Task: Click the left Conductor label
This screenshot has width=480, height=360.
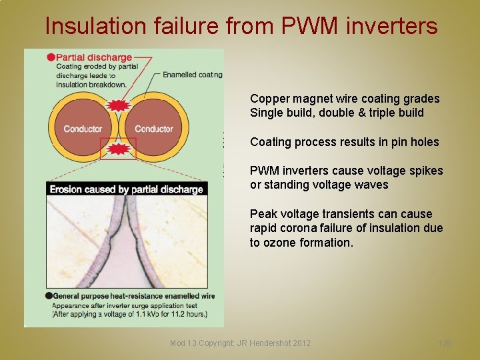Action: pyautogui.click(x=83, y=129)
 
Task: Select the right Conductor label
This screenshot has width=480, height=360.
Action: pyautogui.click(x=154, y=129)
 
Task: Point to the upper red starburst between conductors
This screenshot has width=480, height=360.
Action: pyautogui.click(x=118, y=105)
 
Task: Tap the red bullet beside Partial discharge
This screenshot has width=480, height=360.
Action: pyautogui.click(x=51, y=57)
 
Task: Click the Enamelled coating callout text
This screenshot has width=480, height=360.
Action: pyautogui.click(x=193, y=75)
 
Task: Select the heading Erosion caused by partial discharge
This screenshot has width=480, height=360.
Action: pyautogui.click(x=127, y=189)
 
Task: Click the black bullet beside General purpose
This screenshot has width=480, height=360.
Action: pyautogui.click(x=49, y=295)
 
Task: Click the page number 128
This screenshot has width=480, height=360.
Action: pyautogui.click(x=445, y=343)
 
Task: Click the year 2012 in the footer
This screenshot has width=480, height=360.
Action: pyautogui.click(x=301, y=343)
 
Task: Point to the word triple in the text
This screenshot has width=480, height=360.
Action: pyautogui.click(x=379, y=113)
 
